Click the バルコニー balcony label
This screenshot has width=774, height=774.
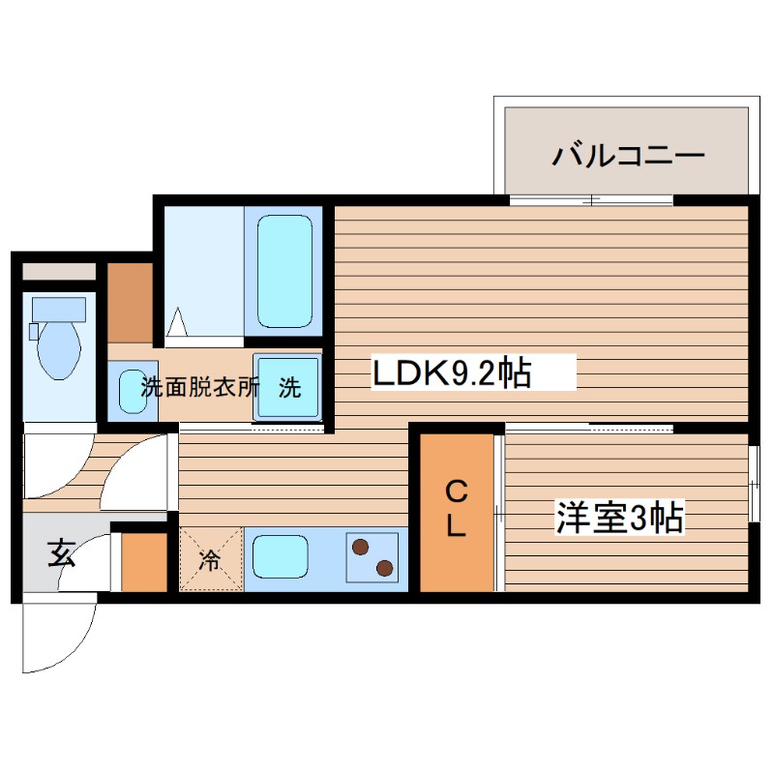[x=628, y=155]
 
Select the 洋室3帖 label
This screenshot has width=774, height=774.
[x=619, y=518]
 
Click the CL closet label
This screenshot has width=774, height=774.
[x=457, y=511]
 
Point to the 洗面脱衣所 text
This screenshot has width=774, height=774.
[x=200, y=388]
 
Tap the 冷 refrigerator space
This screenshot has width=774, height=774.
[x=210, y=559]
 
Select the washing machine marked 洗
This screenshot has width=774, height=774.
[x=288, y=387]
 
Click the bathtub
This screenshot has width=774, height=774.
[x=285, y=270]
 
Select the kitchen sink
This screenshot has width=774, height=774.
[x=281, y=557]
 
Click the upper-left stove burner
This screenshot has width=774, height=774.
[x=362, y=548]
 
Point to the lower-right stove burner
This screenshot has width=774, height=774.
[x=384, y=568]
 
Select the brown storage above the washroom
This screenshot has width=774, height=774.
[x=130, y=303]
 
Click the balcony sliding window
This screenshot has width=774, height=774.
[x=591, y=200]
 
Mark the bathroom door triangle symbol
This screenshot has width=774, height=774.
[x=178, y=322]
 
